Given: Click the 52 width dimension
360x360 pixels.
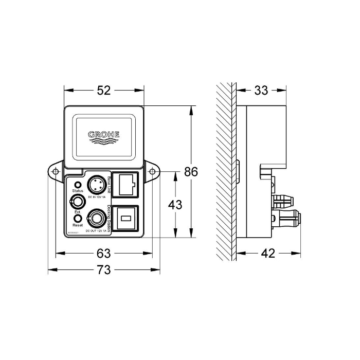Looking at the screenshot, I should [x=104, y=91].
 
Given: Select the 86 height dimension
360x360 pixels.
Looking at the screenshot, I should [x=191, y=172].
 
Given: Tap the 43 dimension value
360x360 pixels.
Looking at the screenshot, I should [x=176, y=204].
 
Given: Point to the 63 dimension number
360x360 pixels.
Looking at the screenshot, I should [x=104, y=253].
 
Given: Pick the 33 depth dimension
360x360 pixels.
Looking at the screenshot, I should [x=261, y=91].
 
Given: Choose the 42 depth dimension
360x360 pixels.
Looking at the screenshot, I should [x=268, y=253].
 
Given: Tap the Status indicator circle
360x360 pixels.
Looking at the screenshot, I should [x=78, y=184].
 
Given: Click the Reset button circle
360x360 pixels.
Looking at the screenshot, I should [x=78, y=219].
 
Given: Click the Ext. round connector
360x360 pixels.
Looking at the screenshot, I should [x=78, y=201].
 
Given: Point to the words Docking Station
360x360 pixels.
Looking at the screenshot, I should [x=110, y=218].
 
